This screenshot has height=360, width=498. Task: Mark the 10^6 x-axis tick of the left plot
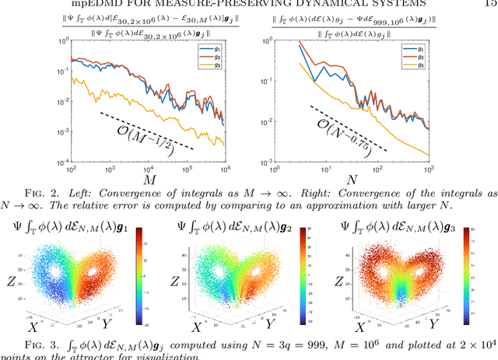tap(226, 170)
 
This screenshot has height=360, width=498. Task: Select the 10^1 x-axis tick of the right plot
tap(324, 170)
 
